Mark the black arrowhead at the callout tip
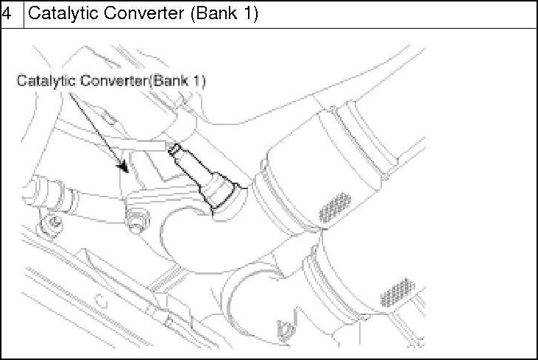pos(126,169)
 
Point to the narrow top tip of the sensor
pos(174,149)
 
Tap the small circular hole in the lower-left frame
pos(103,301)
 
